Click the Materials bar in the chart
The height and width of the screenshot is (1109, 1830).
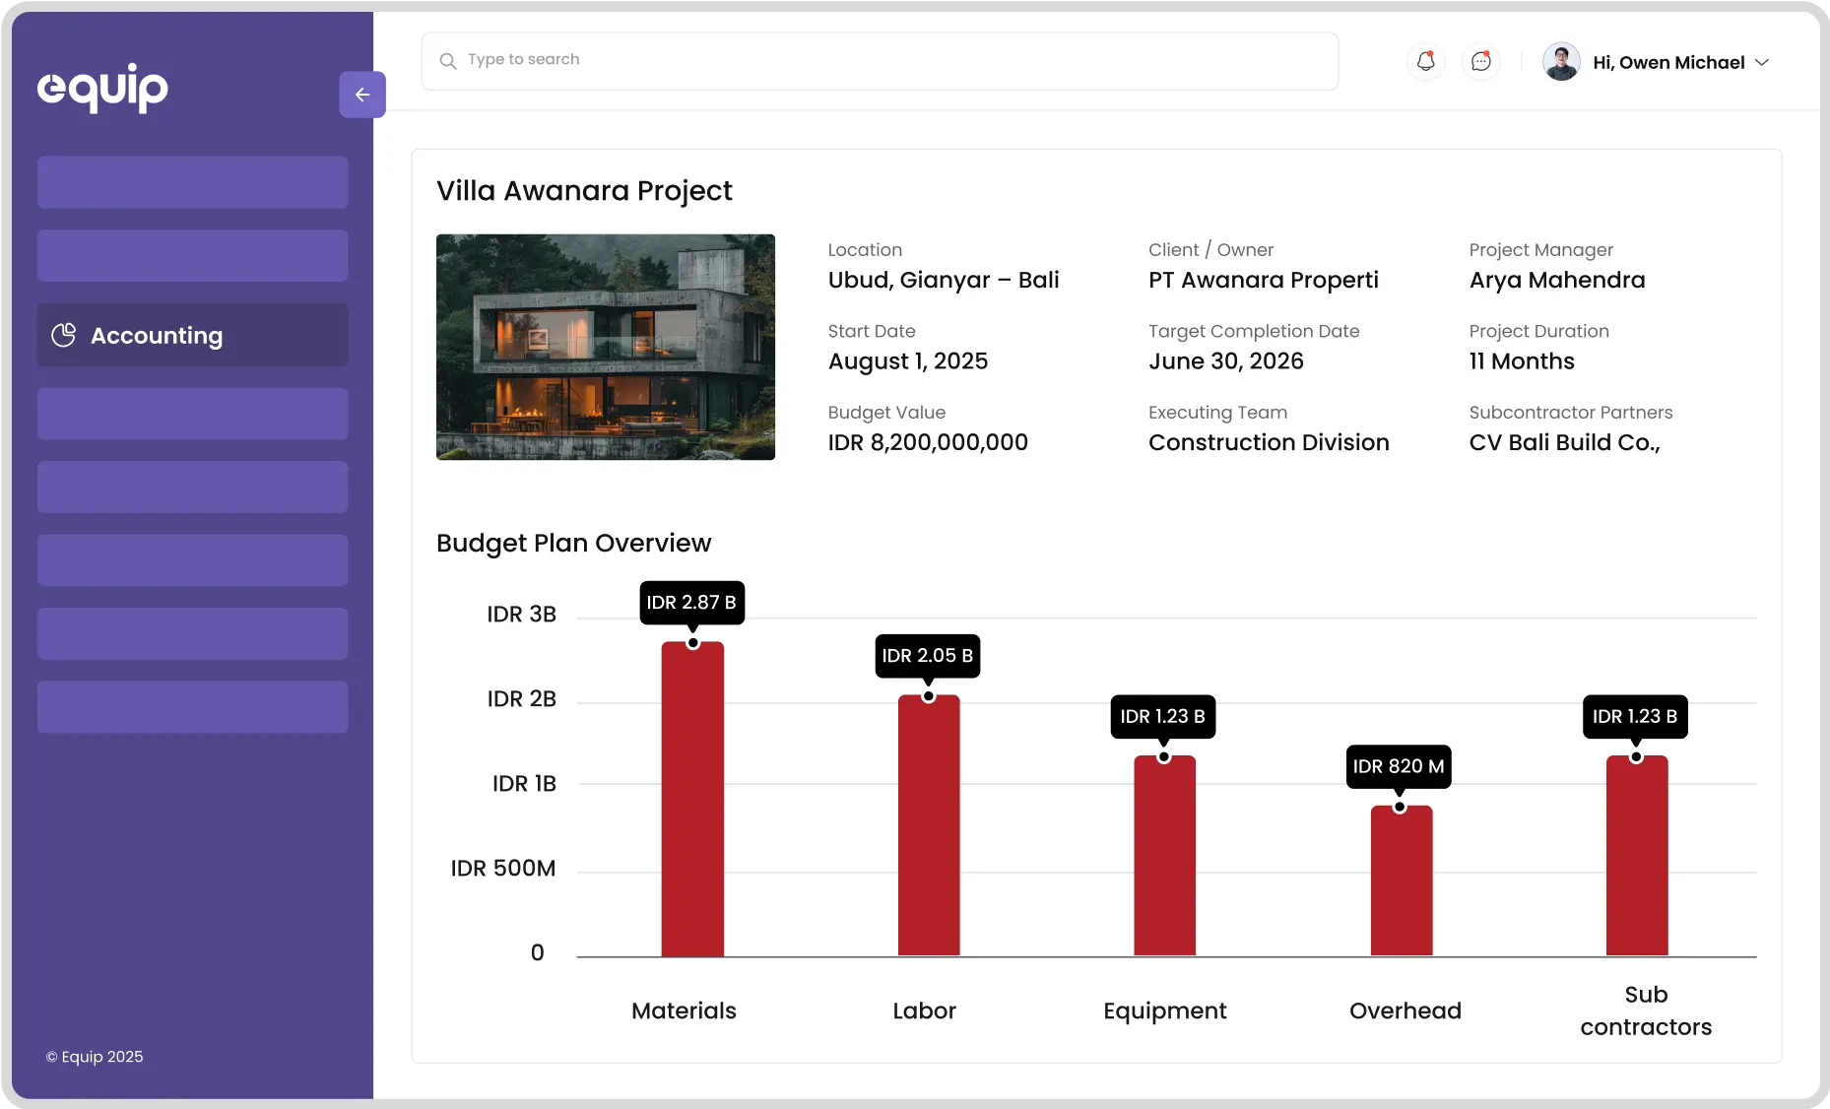point(692,799)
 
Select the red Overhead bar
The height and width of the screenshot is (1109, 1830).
point(1401,881)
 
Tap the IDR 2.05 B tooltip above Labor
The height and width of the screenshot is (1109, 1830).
point(927,656)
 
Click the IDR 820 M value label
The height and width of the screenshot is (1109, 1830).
point(1398,766)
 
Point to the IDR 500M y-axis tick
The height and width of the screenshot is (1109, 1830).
point(503,868)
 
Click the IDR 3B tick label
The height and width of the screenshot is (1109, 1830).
point(521,614)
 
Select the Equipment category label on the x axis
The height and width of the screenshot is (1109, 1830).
point(1164,1011)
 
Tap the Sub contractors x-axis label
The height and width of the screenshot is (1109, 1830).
point(1646,1011)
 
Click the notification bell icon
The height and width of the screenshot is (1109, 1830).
point(1425,61)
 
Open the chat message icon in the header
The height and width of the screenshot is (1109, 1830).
point(1480,61)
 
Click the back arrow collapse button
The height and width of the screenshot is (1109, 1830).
point(362,95)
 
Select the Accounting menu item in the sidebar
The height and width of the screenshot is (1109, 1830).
point(193,335)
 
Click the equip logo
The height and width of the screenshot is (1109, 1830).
point(102,88)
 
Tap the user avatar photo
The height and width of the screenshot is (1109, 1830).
point(1561,61)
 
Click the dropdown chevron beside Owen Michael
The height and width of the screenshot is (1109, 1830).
point(1762,62)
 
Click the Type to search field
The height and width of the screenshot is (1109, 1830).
point(880,60)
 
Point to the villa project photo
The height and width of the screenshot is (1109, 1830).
point(606,347)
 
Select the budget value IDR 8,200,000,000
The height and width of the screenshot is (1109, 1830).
point(928,442)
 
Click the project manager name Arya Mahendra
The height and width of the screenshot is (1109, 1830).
point(1556,280)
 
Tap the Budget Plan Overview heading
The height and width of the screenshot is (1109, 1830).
point(573,543)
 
